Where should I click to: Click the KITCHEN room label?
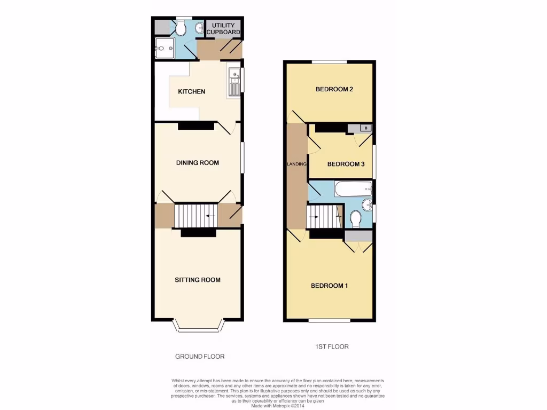point(191,92)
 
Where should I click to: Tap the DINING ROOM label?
point(198,163)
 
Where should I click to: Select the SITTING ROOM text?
point(198,280)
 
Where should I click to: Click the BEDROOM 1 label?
point(330,286)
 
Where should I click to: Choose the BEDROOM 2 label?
point(334,89)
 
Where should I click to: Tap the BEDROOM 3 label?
point(346,164)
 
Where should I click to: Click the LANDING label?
point(296,164)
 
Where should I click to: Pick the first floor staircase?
point(323,217)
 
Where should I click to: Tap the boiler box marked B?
point(365,128)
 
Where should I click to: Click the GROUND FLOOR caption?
point(200,356)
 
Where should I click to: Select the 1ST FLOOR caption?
point(332,346)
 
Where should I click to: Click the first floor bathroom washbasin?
point(366,205)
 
